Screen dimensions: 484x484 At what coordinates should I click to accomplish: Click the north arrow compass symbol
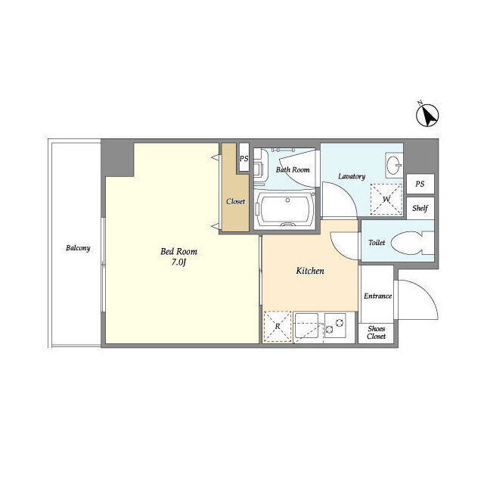[x=427, y=116]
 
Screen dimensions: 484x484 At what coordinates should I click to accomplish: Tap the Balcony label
[x=78, y=248]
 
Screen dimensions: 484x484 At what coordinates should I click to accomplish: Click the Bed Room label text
[x=178, y=252]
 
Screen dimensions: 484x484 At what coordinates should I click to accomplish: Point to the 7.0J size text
[x=178, y=262]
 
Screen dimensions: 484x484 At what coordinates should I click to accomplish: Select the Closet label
[x=235, y=202]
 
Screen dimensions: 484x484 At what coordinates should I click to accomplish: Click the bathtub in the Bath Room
[x=284, y=210]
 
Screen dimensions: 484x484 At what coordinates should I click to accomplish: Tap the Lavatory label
[x=352, y=176]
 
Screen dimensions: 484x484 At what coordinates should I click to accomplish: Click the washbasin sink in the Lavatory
[x=394, y=165]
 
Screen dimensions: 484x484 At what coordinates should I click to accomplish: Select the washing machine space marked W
[x=386, y=200]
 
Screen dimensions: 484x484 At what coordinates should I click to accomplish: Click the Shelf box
[x=420, y=208]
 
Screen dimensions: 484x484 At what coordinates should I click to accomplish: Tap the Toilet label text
[x=377, y=243]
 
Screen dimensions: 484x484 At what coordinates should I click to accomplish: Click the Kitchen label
[x=310, y=271]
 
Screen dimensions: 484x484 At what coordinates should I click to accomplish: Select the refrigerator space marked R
[x=278, y=327]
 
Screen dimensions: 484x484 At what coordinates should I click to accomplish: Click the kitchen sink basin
[x=306, y=326]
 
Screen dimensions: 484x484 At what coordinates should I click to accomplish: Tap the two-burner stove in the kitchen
[x=335, y=326]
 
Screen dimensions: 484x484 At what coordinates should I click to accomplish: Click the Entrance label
[x=378, y=296]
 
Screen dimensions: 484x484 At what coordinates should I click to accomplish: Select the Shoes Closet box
[x=377, y=333]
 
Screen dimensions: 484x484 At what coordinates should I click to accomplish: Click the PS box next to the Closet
[x=244, y=158]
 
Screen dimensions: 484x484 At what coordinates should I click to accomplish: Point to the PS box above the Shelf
[x=420, y=184]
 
